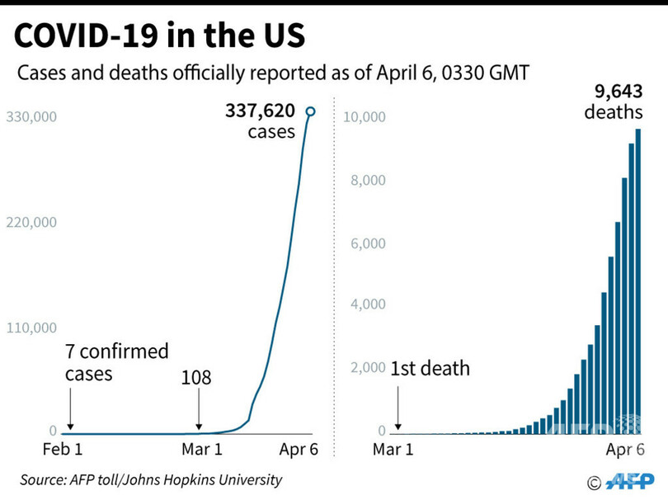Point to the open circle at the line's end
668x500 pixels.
311,111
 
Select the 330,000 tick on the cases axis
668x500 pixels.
31,117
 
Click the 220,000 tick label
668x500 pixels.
31,222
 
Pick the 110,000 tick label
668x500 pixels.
31,328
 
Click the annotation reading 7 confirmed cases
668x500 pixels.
116,362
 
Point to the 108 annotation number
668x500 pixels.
196,378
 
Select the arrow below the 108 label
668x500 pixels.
199,409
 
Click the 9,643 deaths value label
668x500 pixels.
614,101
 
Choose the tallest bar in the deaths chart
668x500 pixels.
638,281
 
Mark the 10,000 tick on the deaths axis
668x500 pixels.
364,117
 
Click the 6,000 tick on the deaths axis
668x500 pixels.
368,243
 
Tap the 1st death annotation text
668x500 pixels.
430,368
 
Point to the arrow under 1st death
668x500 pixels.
399,409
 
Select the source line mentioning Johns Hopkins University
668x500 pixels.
151,479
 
